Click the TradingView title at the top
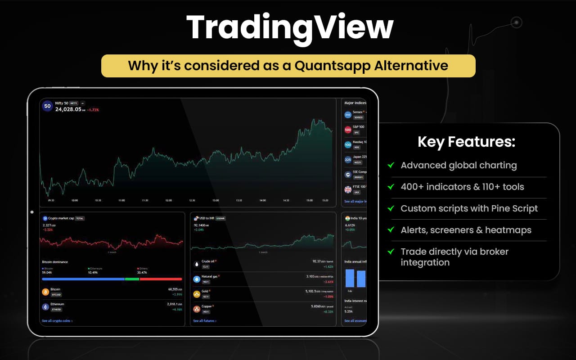click(x=290, y=28)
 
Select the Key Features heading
click(x=466, y=142)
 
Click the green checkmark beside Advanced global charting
click(x=391, y=165)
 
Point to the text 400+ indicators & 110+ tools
click(x=462, y=187)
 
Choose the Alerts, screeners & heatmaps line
click(x=466, y=230)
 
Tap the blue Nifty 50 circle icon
click(x=47, y=106)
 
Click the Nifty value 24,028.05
click(x=68, y=109)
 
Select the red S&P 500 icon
click(x=348, y=130)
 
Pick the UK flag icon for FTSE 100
click(x=348, y=189)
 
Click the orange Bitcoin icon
click(x=45, y=292)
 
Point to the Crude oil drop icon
click(x=196, y=264)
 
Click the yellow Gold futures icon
click(x=196, y=294)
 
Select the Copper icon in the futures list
click(x=196, y=309)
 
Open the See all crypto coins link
click(x=57, y=321)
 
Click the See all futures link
click(x=205, y=321)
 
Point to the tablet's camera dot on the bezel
click(x=31, y=212)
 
